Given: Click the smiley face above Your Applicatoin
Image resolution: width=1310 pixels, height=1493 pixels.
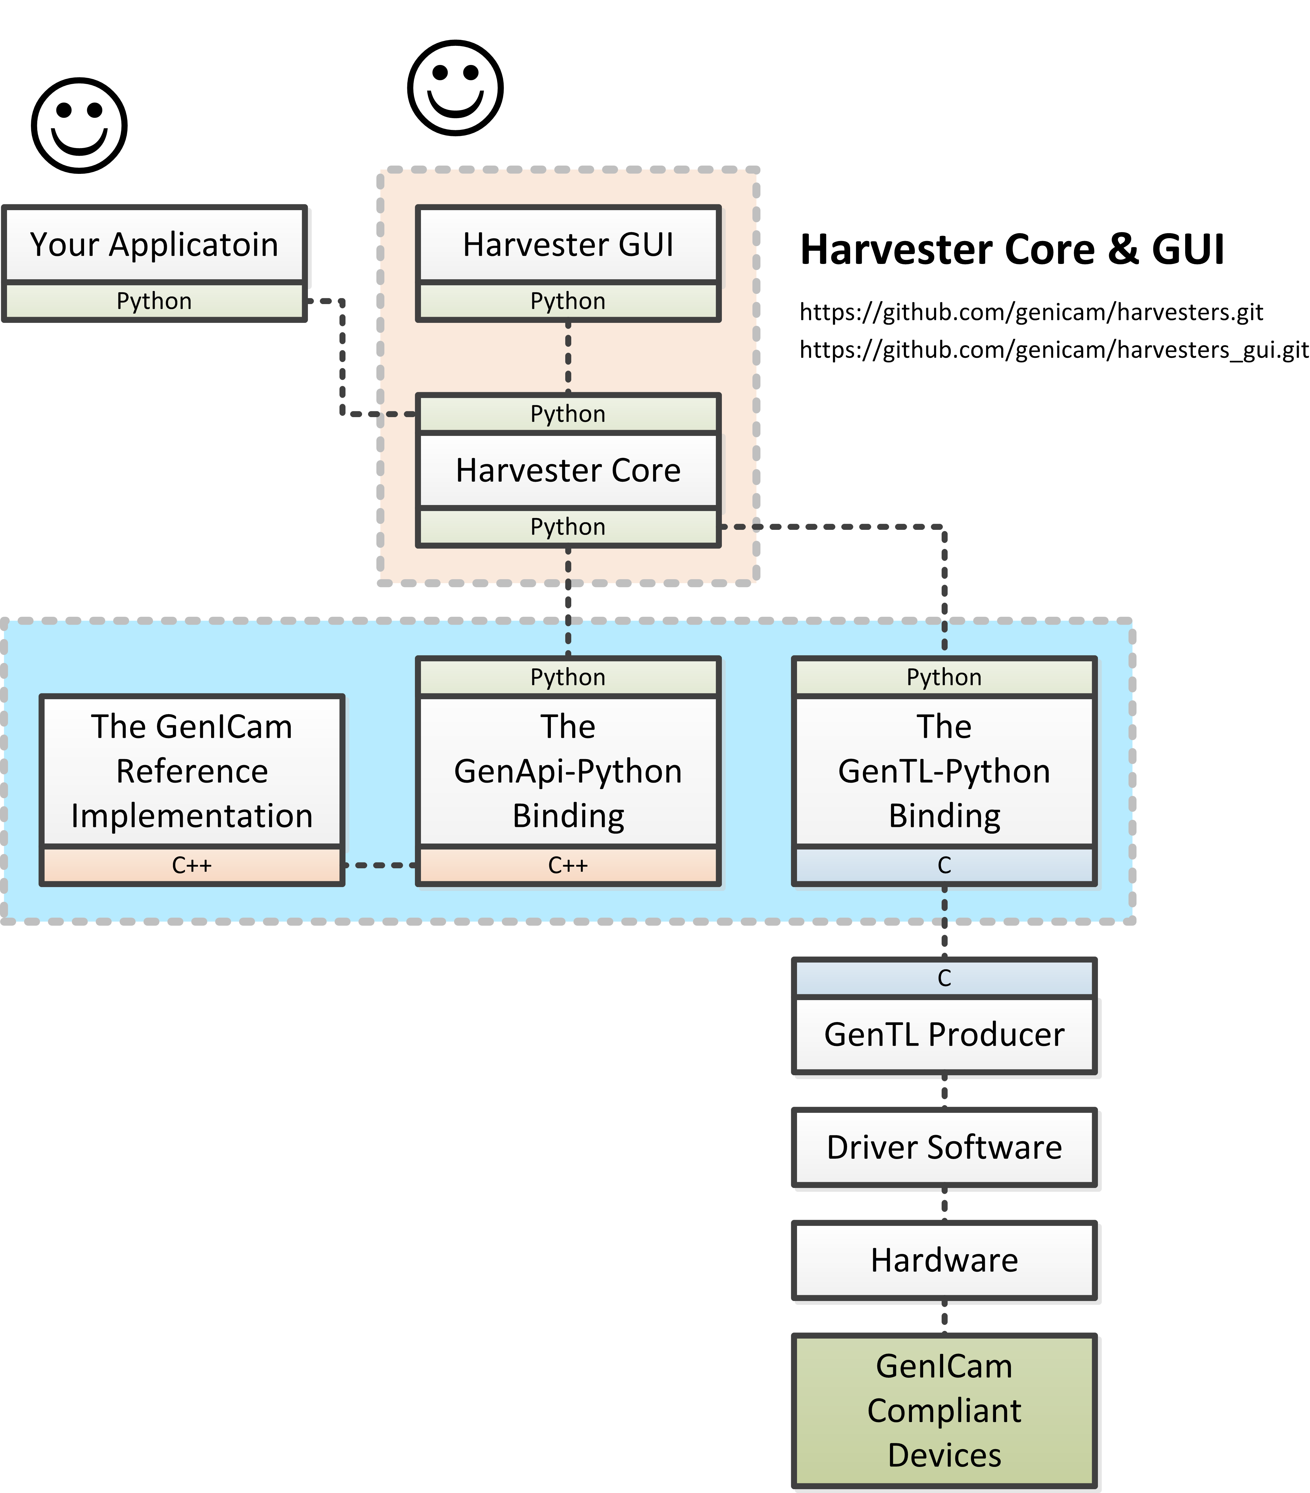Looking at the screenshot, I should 79,126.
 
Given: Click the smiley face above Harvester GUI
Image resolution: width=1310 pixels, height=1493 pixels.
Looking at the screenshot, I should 455,88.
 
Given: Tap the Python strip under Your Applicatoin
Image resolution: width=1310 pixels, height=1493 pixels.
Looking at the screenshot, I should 154,301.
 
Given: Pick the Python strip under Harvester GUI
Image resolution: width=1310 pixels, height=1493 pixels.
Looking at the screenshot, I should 568,301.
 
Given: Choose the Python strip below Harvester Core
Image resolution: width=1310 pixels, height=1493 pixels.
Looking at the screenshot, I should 568,527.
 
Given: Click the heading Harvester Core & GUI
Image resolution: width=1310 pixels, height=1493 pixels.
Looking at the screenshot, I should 1012,250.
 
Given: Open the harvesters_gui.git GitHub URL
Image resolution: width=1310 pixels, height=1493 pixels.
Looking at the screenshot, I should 1054,350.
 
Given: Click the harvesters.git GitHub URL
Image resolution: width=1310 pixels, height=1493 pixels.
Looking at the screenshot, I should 1031,312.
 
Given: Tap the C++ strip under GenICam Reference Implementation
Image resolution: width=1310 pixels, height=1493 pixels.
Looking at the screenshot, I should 191,865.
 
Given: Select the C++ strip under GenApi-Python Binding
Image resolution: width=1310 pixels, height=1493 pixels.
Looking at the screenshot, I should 568,865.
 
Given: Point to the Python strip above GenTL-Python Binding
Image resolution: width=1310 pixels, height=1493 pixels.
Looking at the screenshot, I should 944,677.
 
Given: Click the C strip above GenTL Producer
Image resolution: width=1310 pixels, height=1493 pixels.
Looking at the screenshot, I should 944,978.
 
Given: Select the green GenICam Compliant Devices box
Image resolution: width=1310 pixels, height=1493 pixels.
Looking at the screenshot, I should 944,1411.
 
